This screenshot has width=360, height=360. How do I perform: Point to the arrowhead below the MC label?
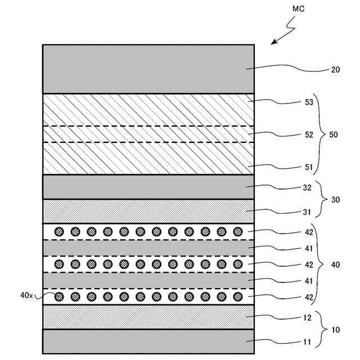(x=274, y=42)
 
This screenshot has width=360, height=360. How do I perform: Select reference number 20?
(x=335, y=70)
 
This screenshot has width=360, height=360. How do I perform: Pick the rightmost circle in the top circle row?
(x=237, y=231)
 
